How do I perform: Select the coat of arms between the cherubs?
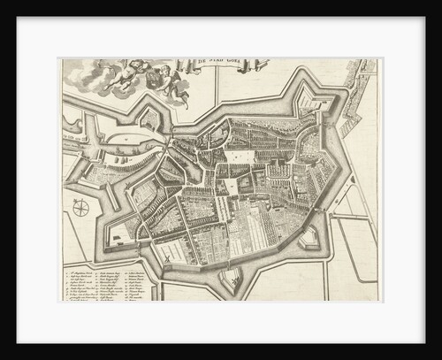154,79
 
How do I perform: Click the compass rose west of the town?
81,209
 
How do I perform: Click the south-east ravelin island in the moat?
309,236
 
